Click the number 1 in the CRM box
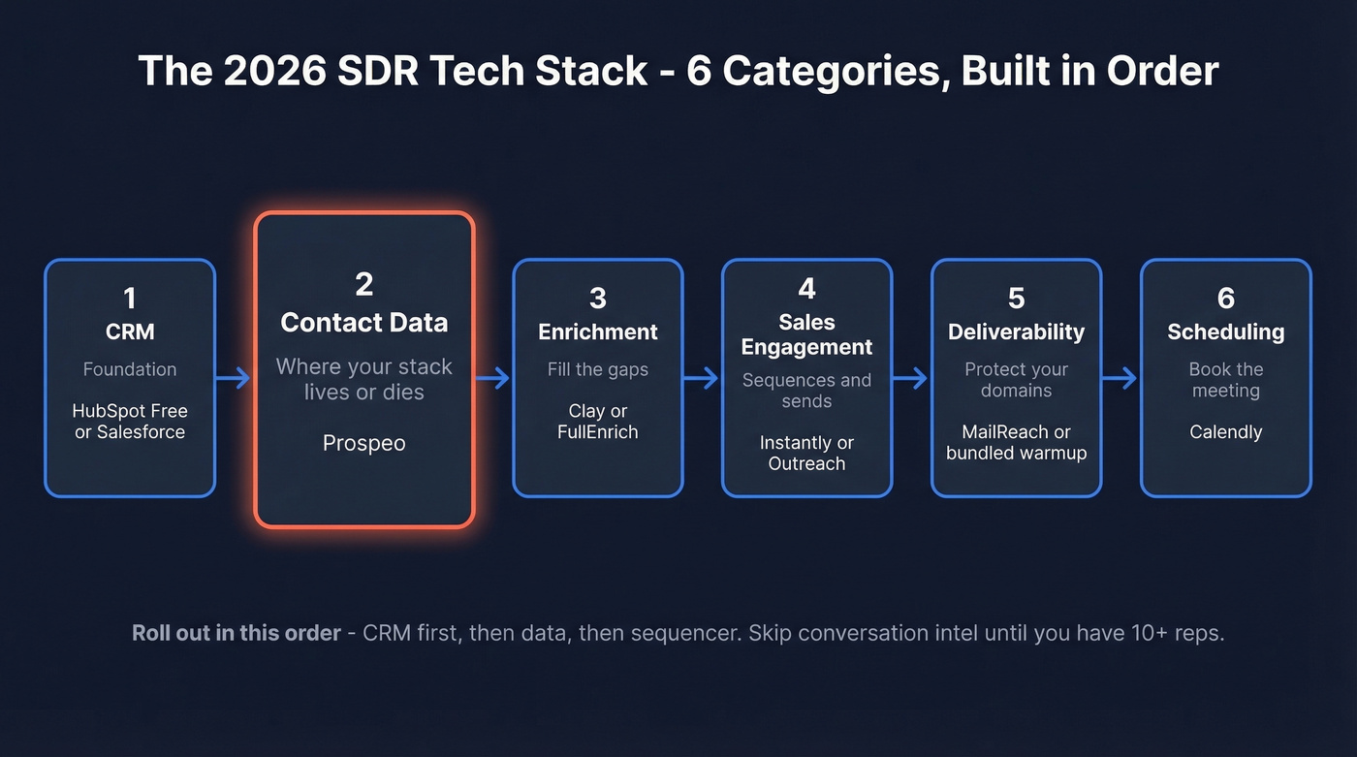tap(130, 298)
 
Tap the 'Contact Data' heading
tap(364, 322)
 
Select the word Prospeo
tap(364, 443)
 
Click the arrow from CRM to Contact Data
tap(234, 378)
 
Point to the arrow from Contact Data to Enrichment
tap(492, 378)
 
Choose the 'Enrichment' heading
tap(598, 331)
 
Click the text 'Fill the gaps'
tap(598, 369)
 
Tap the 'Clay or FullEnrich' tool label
tap(598, 422)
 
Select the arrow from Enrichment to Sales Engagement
tap(702, 378)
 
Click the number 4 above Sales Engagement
tap(806, 289)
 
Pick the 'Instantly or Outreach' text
tap(806, 453)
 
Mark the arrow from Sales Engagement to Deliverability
tap(911, 378)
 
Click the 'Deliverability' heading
tap(1016, 331)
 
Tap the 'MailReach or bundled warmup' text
tap(1016, 442)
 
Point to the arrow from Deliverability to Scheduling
tap(1120, 378)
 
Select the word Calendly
tap(1225, 432)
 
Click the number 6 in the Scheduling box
tap(1225, 298)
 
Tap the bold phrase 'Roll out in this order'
tap(237, 633)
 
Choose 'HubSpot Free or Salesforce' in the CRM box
tap(130, 422)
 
